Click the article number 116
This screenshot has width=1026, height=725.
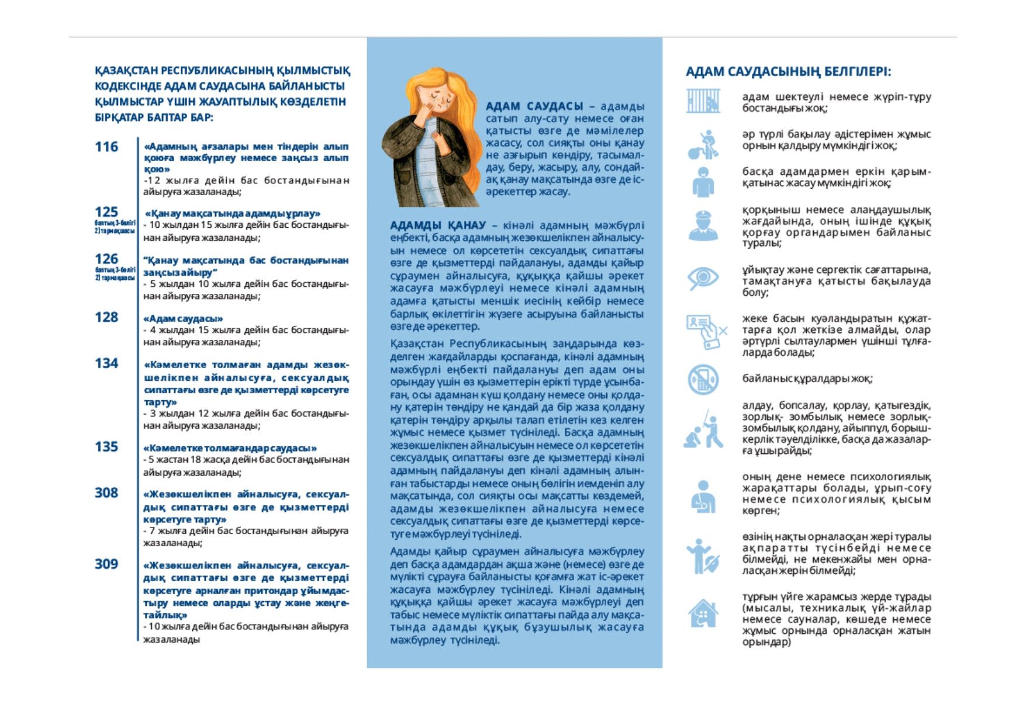tap(106, 147)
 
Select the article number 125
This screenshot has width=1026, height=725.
tap(106, 211)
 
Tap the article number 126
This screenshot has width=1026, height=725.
tap(106, 259)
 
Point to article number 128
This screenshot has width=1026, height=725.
tap(106, 317)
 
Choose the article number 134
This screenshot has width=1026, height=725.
tap(106, 363)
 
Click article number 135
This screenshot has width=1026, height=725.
tap(106, 447)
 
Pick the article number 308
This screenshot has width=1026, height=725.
tap(106, 493)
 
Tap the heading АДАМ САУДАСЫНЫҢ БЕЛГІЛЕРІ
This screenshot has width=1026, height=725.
tap(788, 72)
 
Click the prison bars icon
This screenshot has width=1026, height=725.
tap(703, 101)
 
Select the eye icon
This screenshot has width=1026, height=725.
tap(703, 277)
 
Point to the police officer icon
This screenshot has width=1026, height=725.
tap(703, 226)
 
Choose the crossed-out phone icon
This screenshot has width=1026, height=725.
tap(703, 380)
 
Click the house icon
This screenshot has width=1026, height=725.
tap(703, 614)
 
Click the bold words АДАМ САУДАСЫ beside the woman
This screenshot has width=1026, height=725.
tap(534, 106)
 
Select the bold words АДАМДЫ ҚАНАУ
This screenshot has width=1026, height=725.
tap(438, 226)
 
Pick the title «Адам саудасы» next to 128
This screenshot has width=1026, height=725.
tap(183, 318)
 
